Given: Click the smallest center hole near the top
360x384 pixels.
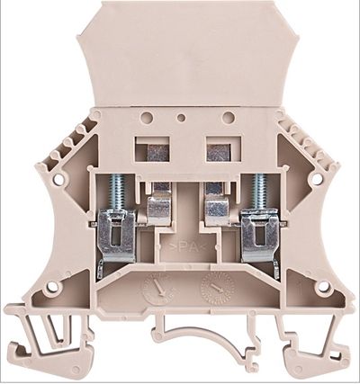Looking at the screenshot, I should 183,116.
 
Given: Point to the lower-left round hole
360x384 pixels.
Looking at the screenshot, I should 52,287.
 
